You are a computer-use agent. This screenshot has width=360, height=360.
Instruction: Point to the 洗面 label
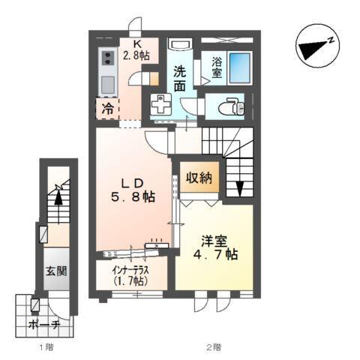click(180, 79)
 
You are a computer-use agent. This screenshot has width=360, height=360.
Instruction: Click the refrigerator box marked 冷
click(108, 109)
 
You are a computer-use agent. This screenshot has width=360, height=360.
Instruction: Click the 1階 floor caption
click(46, 347)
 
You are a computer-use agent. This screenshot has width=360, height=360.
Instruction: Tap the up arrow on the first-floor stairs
click(56, 199)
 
